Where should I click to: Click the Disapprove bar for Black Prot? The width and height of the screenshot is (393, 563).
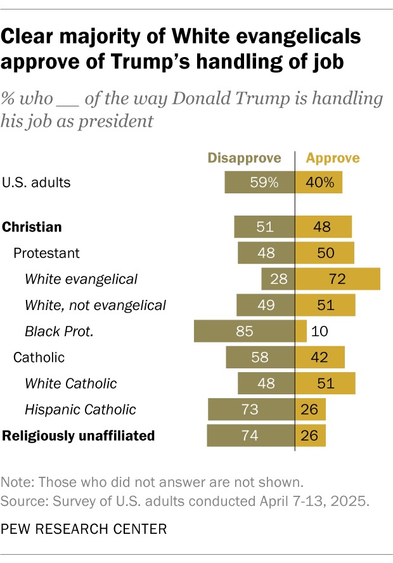click(x=244, y=330)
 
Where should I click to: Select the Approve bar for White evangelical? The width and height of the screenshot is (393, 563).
click(x=338, y=279)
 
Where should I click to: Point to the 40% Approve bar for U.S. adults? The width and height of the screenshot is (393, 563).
click(x=319, y=183)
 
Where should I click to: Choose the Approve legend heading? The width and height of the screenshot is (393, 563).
click(x=333, y=158)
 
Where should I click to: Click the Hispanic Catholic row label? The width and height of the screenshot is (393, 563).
click(x=80, y=410)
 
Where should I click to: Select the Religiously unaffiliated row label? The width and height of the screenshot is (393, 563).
click(x=79, y=436)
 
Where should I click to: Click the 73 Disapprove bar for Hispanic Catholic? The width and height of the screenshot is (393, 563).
click(x=251, y=410)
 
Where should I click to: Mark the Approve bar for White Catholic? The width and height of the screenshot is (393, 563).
click(x=325, y=383)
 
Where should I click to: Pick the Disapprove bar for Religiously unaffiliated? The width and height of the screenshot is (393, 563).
click(x=250, y=436)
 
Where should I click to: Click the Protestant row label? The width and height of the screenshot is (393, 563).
click(x=46, y=253)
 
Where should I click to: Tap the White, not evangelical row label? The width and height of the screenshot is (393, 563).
click(x=95, y=305)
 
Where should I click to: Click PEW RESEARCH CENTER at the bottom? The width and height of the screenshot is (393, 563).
click(x=79, y=527)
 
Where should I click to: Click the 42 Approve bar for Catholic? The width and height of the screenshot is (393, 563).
click(x=320, y=357)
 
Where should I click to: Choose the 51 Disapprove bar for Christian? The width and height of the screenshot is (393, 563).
click(x=264, y=226)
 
